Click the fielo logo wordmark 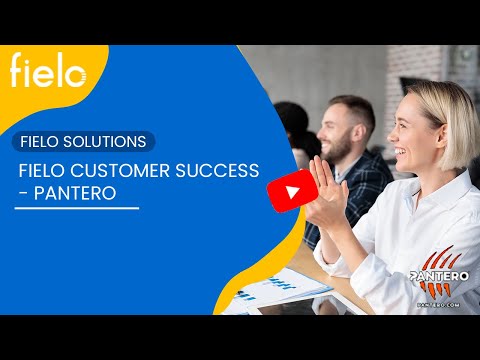point(48,72)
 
